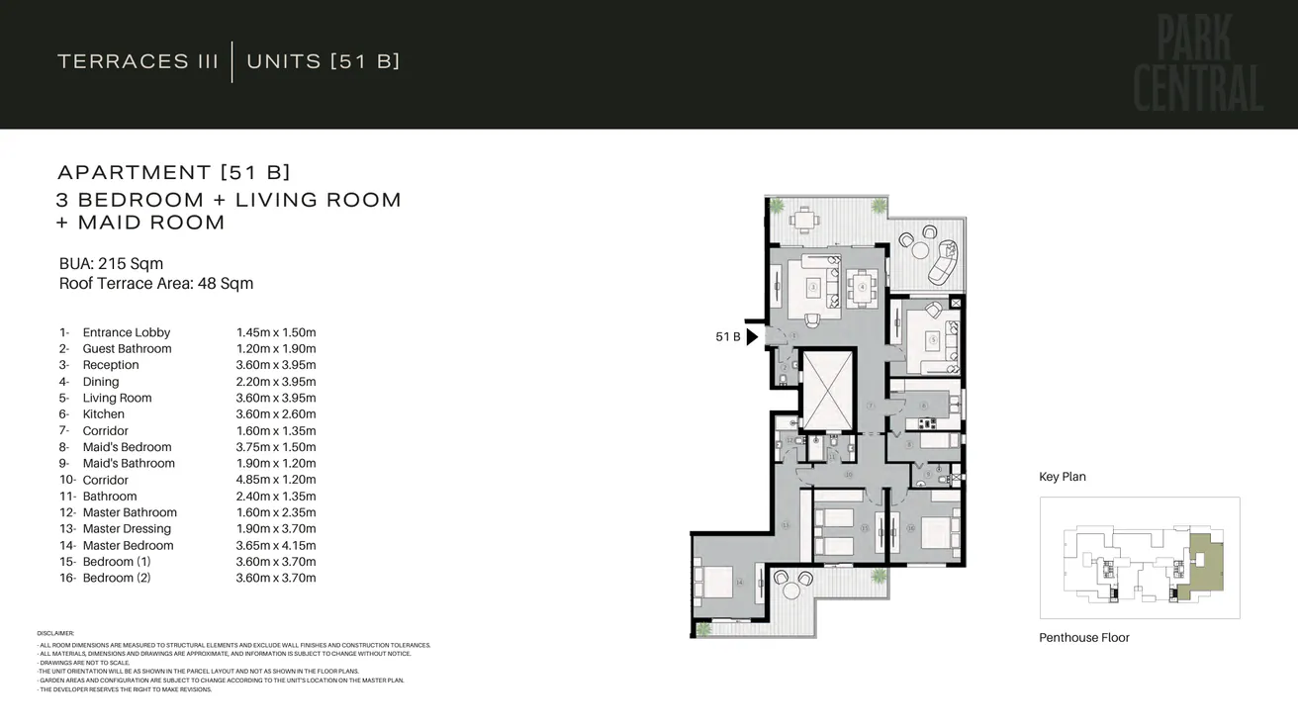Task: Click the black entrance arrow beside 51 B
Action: click(752, 337)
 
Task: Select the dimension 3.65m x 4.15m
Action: click(276, 545)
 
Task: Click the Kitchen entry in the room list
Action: click(103, 414)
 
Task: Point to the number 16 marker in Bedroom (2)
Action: click(910, 528)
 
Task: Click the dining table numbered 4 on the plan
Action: click(863, 287)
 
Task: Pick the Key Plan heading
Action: click(1063, 477)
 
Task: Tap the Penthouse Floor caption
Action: click(1083, 638)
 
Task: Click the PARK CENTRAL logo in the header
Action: click(1197, 64)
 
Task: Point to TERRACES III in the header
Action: click(138, 61)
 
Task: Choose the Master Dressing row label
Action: click(127, 529)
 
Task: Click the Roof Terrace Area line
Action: click(156, 284)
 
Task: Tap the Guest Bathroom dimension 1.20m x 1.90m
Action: click(276, 349)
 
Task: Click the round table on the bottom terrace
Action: click(791, 591)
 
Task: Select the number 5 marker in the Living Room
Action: click(932, 339)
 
